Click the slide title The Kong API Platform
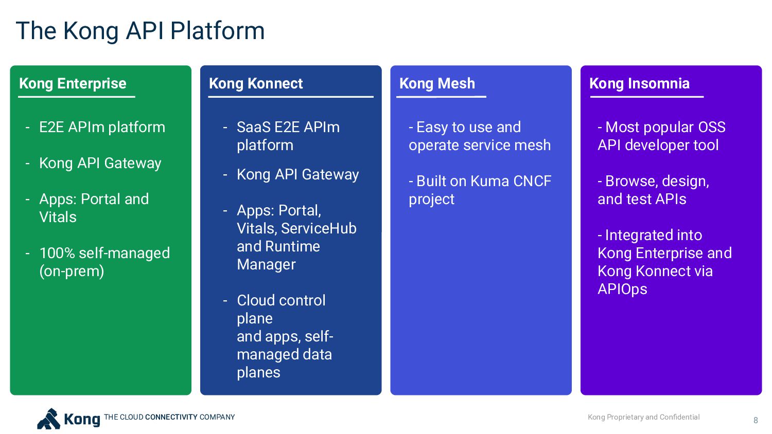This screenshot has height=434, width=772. tap(140, 31)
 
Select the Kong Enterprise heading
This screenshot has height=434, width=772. tap(73, 83)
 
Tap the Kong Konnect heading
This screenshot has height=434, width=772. tap(256, 83)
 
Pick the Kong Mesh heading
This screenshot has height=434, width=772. tap(437, 83)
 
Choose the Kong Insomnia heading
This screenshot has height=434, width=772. tap(639, 83)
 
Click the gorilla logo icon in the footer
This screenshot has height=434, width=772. tap(49, 419)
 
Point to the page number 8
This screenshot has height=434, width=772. tap(756, 420)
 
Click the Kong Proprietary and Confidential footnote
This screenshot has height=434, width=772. tap(643, 417)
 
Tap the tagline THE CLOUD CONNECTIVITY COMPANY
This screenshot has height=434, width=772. tap(169, 417)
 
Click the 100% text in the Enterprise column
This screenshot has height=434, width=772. tap(57, 253)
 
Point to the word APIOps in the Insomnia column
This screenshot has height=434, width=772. tap(622, 289)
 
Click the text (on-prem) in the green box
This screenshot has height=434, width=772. tap(72, 271)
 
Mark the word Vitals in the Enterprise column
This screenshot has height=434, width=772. tap(58, 217)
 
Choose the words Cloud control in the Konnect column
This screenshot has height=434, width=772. tap(281, 300)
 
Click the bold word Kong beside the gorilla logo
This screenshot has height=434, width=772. tap(82, 419)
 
